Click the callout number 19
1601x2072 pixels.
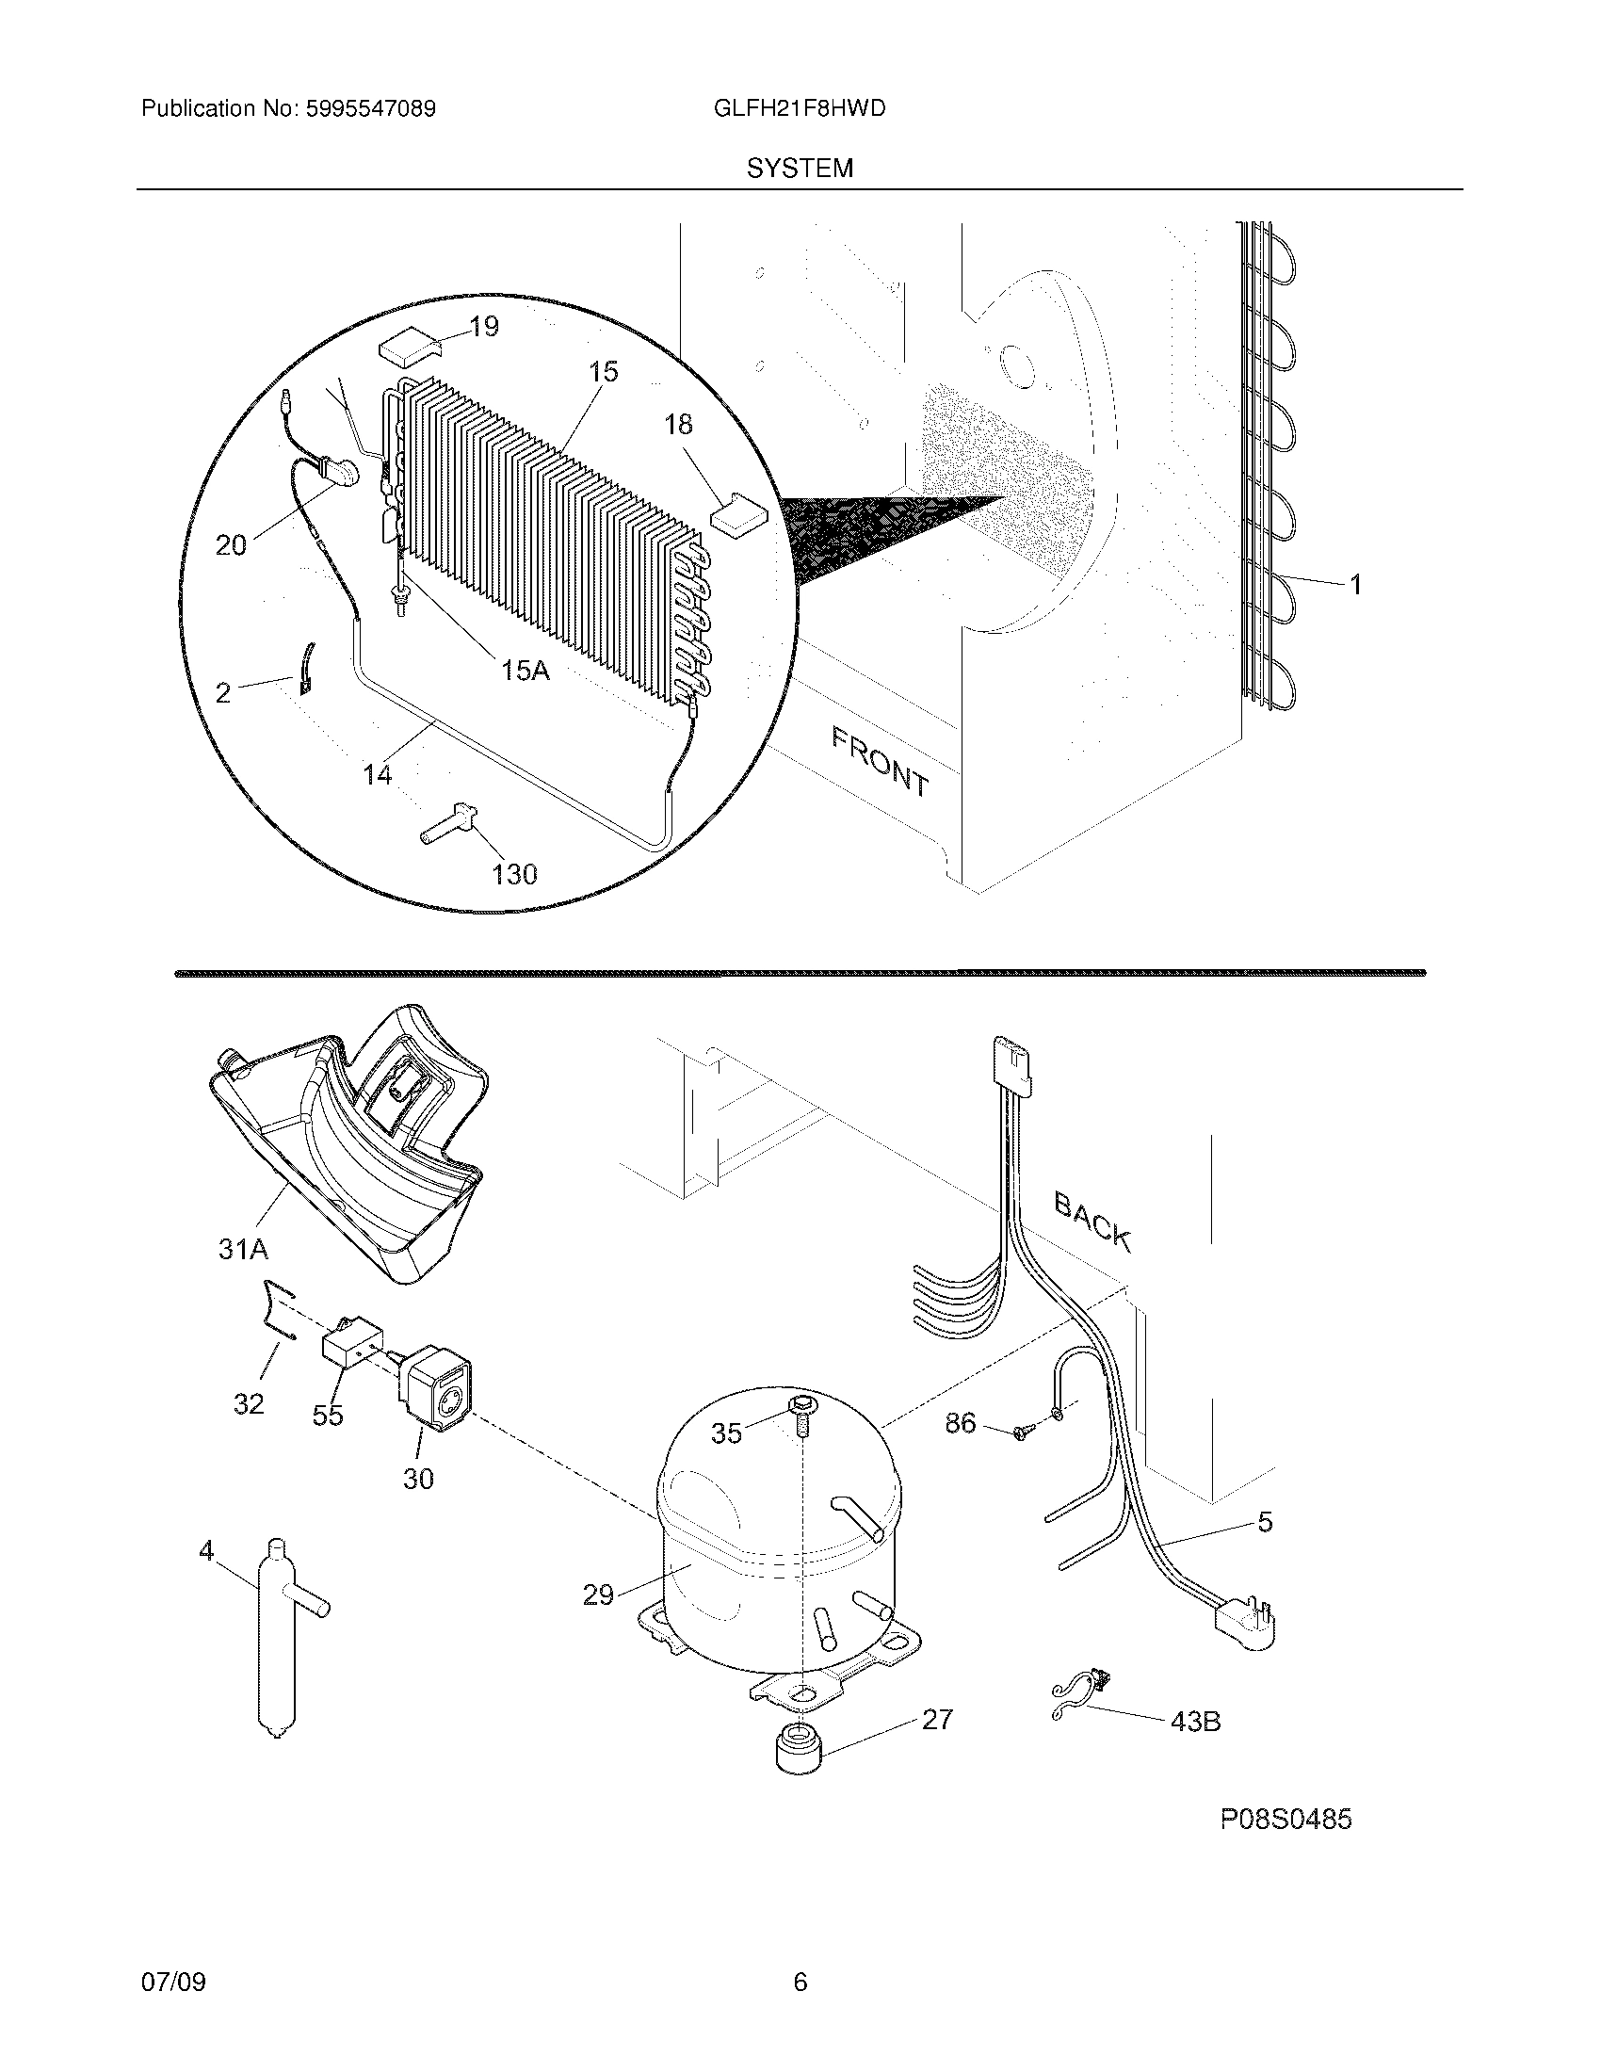point(484,328)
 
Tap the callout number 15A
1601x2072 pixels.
point(525,671)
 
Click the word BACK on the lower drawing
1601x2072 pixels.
point(1092,1222)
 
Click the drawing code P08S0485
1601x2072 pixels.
point(1286,1820)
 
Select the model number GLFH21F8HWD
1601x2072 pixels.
point(799,109)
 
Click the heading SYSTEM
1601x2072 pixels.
point(800,169)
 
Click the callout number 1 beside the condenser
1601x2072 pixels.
point(1356,586)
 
